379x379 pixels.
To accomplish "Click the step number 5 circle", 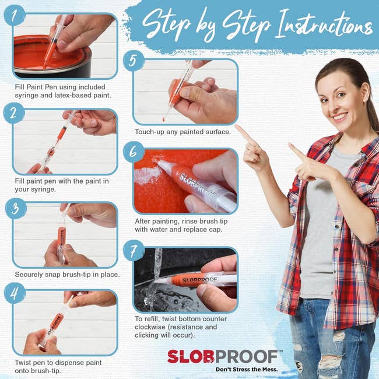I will coord(134,61).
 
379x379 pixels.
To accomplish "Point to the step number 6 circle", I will coord(134,152).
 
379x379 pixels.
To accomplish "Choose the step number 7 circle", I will coord(134,251).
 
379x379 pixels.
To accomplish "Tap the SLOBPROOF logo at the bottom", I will coord(224,356).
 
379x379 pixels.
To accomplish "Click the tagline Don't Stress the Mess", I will coord(245,370).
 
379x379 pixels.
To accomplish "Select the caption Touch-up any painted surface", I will coord(183,132).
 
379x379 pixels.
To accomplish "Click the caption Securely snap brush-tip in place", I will coord(67,274).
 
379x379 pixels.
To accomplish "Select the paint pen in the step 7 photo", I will coord(198,278).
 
